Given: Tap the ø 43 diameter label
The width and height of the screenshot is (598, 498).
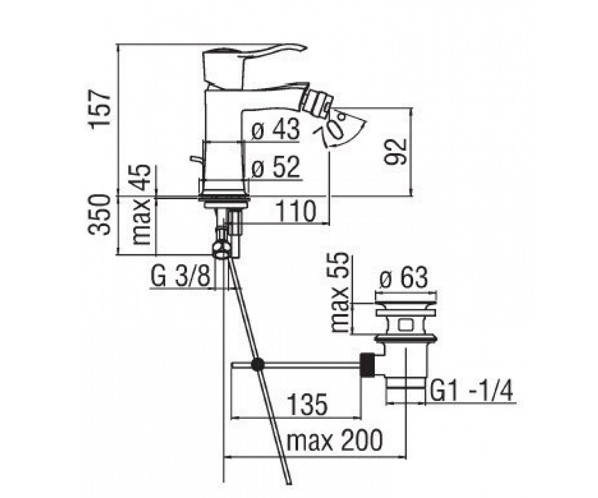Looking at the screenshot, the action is coord(276,129).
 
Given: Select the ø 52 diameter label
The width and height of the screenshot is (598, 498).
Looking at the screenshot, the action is coord(276,167).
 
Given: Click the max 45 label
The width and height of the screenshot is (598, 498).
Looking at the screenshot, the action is coord(141,205).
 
